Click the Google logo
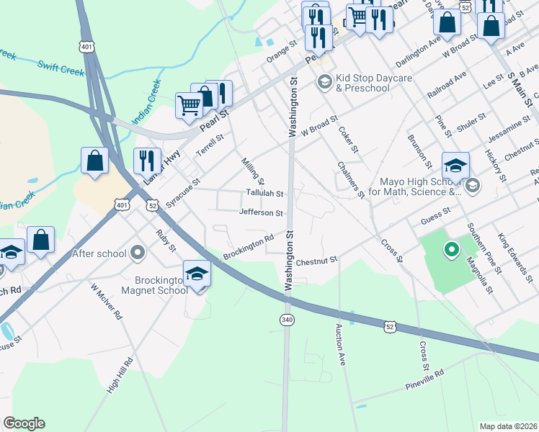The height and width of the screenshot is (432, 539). (x=24, y=423)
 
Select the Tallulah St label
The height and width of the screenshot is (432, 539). (x=264, y=194)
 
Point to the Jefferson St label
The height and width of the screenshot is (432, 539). (x=261, y=212)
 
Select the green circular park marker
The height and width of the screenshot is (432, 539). (x=452, y=251)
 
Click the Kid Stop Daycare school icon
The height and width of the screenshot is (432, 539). (x=324, y=83)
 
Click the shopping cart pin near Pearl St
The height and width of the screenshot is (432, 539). (x=189, y=105)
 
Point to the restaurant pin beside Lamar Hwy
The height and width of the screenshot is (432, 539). (x=147, y=161)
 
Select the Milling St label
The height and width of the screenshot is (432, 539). (x=253, y=171)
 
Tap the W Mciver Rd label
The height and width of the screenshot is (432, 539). (x=106, y=300)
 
